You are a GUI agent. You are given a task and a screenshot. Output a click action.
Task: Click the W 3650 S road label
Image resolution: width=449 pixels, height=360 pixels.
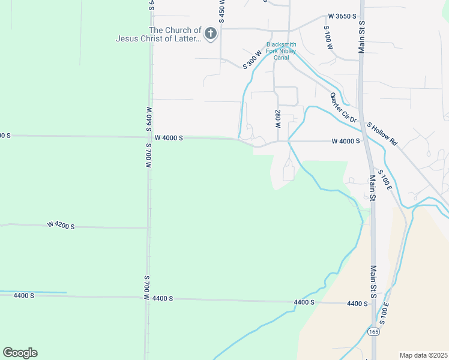pos(342,17)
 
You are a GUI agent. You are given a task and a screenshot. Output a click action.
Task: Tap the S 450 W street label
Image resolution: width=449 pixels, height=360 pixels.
pos(221,11)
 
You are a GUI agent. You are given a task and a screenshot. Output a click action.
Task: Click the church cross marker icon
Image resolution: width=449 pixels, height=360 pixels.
pos(210,34)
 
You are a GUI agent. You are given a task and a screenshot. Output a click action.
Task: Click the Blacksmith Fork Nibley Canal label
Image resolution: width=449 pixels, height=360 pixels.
pos(282,51)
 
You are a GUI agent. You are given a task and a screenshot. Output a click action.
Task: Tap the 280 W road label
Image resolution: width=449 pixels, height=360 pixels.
pos(278,119)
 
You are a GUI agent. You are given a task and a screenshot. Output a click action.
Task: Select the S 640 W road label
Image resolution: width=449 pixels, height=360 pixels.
pos(148,120)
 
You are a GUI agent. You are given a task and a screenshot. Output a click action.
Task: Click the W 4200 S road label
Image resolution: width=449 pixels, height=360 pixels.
pos(61,226)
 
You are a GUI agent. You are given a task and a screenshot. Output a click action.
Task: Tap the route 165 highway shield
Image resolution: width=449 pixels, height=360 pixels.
pos(375,332)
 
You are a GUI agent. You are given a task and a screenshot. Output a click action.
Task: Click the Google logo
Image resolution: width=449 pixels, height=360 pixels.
pos(20,353)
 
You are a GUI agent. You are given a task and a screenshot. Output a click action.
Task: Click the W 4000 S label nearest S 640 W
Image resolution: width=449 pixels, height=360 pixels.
pos(169,138)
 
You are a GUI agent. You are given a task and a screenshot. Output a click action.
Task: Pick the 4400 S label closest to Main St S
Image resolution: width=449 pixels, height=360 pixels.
pos(357,304)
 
